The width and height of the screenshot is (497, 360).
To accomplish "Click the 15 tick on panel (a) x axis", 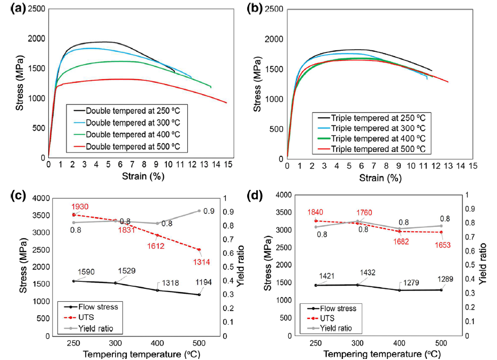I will pyautogui.click(x=228, y=166).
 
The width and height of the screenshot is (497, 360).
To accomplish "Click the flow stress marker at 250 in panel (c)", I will pyautogui.click(x=74, y=281).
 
